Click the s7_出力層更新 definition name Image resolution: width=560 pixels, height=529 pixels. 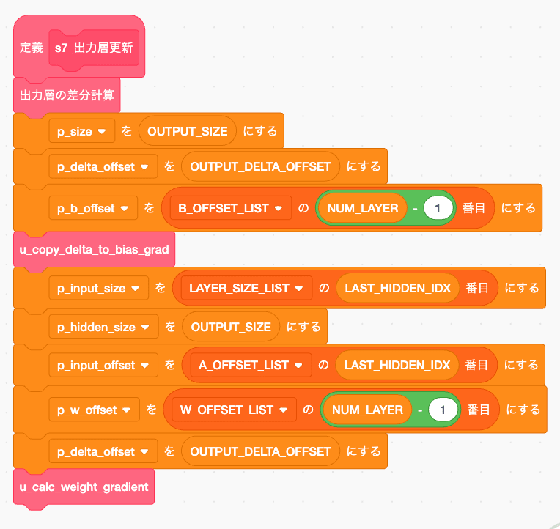pyautogui.click(x=94, y=48)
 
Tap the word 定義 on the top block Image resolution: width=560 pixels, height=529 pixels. pyautogui.click(x=31, y=48)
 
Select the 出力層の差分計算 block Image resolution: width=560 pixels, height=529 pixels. pyautogui.click(x=66, y=95)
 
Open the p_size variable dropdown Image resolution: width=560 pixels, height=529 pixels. pyautogui.click(x=81, y=132)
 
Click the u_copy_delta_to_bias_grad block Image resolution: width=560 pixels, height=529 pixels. pyautogui.click(x=94, y=250)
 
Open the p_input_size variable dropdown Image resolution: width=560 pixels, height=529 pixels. pyautogui.click(x=98, y=289)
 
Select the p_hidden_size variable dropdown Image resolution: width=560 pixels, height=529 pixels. pyautogui.click(x=103, y=327)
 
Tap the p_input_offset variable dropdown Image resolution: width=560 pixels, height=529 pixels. pyautogui.click(x=103, y=365)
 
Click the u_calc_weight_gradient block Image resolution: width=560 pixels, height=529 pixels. pyautogui.click(x=84, y=487)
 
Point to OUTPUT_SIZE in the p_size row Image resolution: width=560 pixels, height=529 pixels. pyautogui.click(x=188, y=132)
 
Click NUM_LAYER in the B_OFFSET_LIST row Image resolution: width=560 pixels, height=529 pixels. pyautogui.click(x=362, y=209)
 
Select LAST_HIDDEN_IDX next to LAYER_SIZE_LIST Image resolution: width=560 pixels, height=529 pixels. pyautogui.click(x=397, y=289)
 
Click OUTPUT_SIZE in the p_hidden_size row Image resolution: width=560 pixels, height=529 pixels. pyautogui.click(x=230, y=327)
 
